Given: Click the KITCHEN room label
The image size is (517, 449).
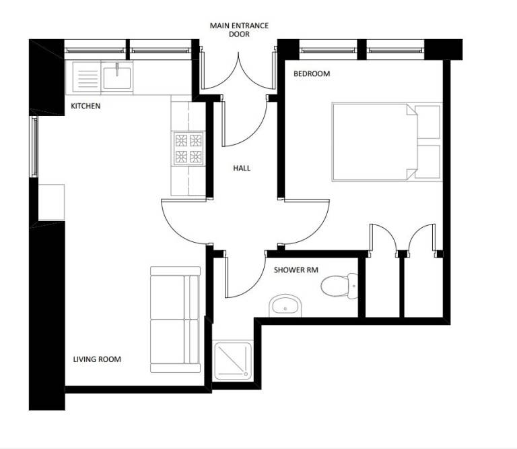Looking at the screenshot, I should point(85,106).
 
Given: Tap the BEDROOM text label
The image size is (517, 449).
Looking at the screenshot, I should point(312,73).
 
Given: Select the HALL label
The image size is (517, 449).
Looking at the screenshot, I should point(242,168).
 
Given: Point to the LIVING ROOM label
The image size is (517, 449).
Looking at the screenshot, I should point(97,359).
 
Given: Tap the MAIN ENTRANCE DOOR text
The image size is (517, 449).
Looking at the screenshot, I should point(239,30).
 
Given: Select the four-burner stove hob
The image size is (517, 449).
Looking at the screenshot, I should point(188,149).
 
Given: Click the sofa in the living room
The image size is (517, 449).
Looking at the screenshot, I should point(175,320).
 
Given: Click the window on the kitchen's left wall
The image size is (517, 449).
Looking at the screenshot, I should point(33,146).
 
